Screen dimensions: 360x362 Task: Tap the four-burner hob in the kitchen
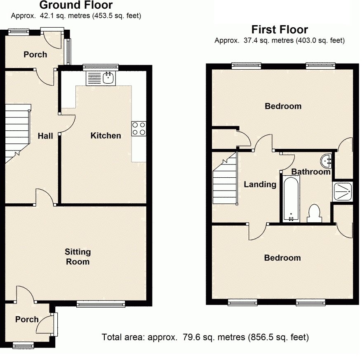(x=139, y=129)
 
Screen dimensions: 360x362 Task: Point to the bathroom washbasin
(x=326, y=159)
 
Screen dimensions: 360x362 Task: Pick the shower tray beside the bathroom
(x=343, y=191)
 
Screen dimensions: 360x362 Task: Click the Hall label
(x=45, y=136)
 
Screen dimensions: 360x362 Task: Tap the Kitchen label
(x=106, y=135)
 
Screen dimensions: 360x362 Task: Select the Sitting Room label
(x=78, y=256)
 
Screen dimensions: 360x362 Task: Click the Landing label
(x=260, y=184)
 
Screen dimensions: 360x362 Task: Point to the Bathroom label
(x=311, y=172)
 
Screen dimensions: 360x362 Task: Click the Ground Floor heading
(x=75, y=5)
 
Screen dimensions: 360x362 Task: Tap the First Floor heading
(x=280, y=30)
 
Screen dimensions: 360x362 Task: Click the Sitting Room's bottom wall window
(x=101, y=304)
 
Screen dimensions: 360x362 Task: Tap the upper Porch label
(x=35, y=54)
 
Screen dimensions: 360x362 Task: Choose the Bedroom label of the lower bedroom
(x=282, y=258)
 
